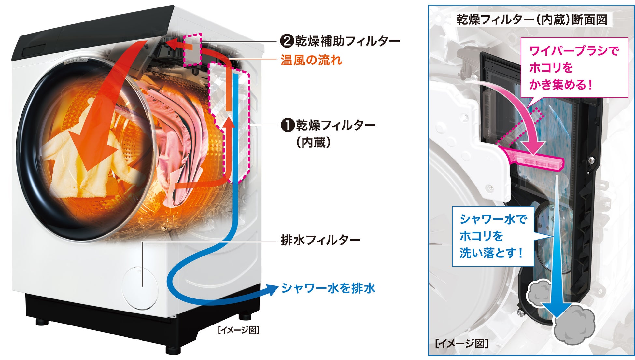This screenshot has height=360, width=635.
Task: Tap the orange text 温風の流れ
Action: tap(311, 60)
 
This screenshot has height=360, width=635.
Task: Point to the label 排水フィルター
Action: tap(320, 241)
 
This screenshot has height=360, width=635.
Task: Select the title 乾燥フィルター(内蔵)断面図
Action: tap(531, 20)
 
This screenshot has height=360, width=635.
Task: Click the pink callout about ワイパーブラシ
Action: tap(574, 68)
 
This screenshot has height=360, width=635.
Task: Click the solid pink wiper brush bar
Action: tap(534, 159)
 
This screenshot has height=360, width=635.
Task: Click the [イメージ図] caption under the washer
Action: tap(239, 330)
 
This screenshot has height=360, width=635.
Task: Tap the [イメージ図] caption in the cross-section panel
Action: tap(461, 344)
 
